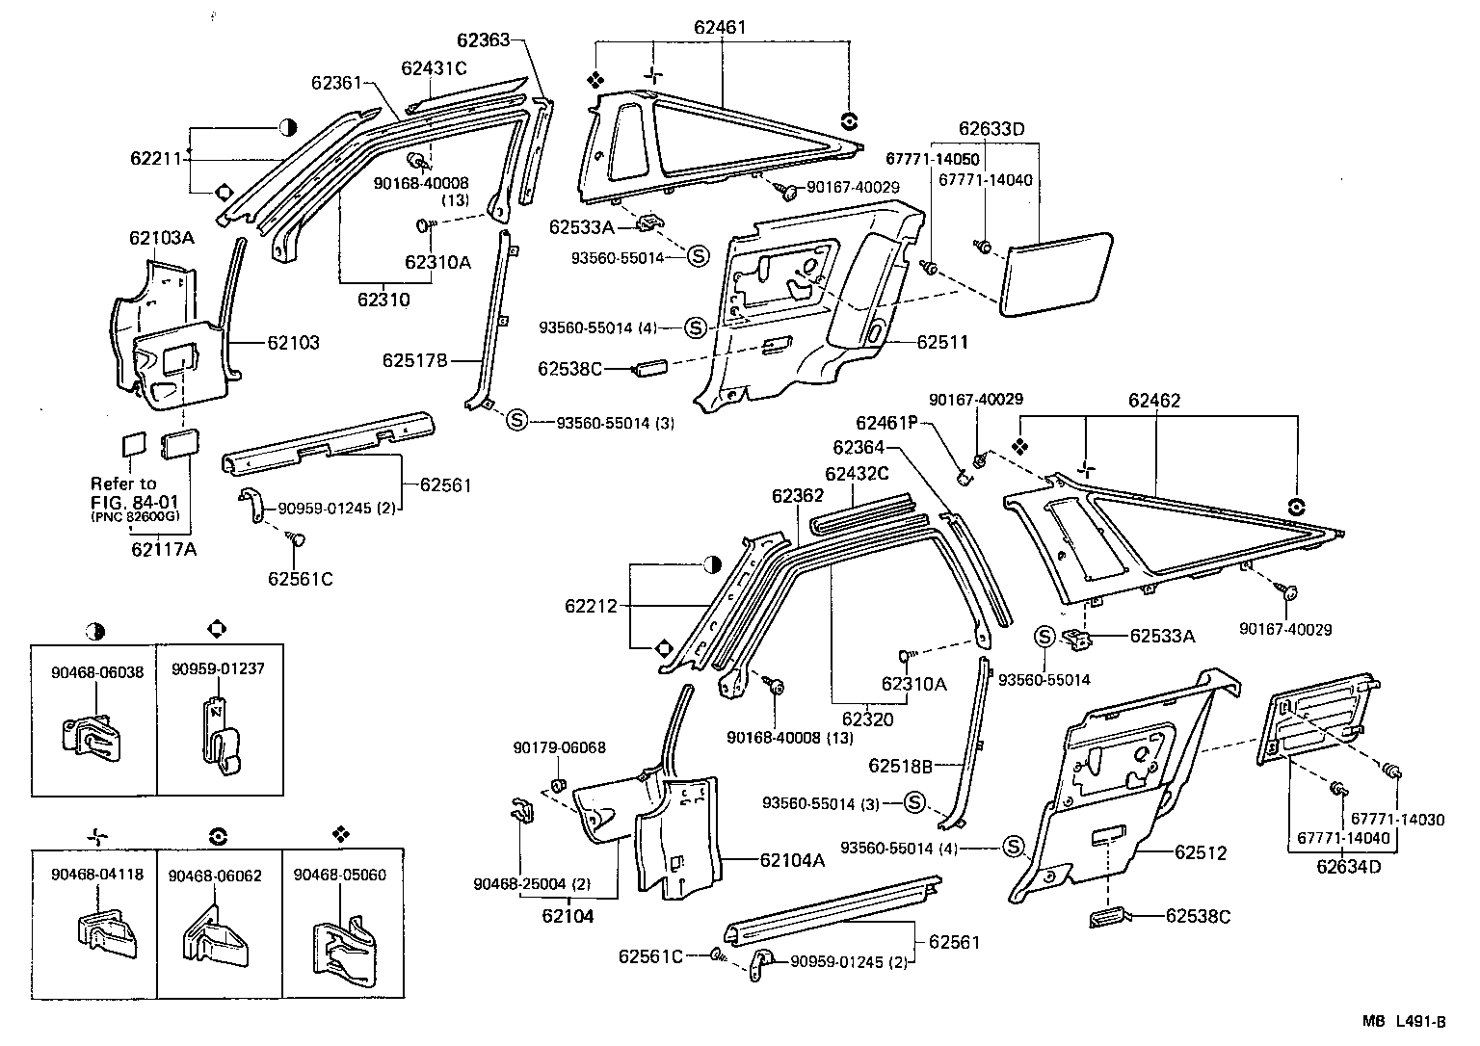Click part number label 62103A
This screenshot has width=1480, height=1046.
click(161, 238)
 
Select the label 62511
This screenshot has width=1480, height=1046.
click(942, 342)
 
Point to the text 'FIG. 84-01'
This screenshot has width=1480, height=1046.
click(134, 501)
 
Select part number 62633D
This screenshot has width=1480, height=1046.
click(991, 129)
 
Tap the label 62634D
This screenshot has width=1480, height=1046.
click(1349, 866)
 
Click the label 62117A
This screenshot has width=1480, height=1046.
click(164, 549)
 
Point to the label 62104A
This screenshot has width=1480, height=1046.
click(792, 860)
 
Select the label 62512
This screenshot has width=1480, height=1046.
click(1200, 852)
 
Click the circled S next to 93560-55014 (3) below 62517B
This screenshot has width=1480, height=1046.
click(516, 420)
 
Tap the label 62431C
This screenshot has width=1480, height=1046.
click(434, 67)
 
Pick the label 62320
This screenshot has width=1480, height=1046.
click(869, 719)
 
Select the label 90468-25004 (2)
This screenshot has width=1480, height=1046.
click(533, 883)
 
